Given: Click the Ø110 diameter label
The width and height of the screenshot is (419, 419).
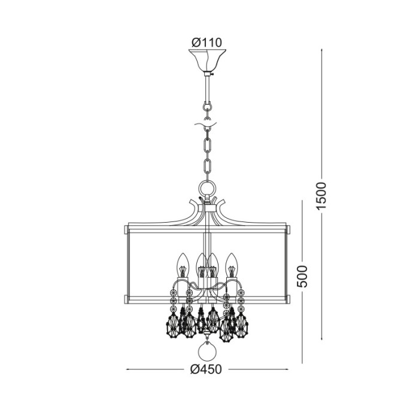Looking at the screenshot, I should click(207, 42).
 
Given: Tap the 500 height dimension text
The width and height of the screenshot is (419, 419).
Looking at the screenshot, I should click(303, 276).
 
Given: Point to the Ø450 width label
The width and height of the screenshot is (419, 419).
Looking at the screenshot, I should click(207, 369).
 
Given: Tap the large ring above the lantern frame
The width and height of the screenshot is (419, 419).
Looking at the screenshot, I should click(207, 189).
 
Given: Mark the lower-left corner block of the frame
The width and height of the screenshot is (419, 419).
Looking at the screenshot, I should click(127, 298).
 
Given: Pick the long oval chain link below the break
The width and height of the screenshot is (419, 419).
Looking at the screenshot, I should click(207, 146).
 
